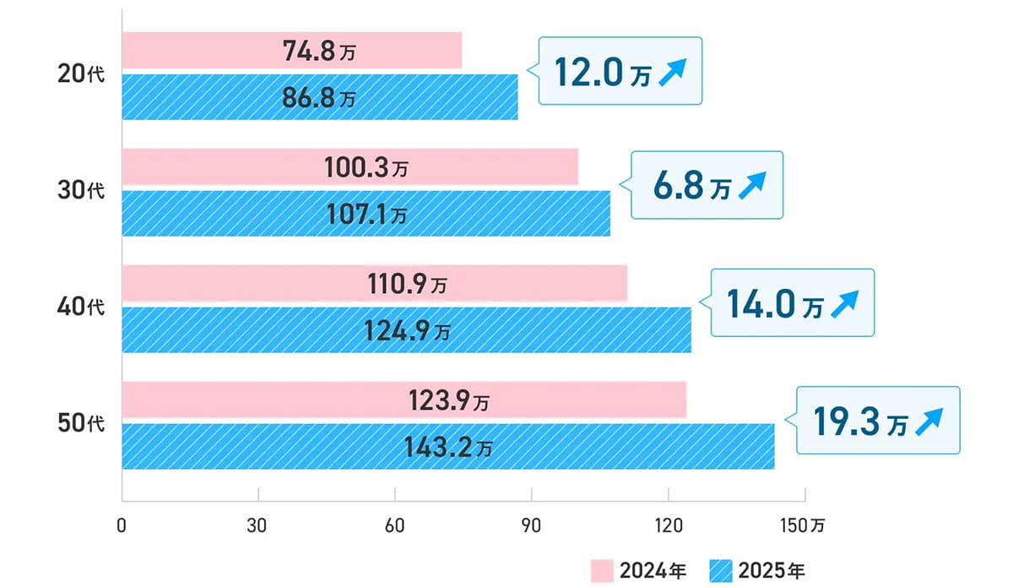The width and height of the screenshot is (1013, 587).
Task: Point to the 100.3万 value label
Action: point(366,168)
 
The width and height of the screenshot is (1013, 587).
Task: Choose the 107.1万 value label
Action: point(366,214)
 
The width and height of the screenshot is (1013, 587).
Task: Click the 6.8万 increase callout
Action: point(707,187)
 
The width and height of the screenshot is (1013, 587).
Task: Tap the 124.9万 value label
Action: point(406,330)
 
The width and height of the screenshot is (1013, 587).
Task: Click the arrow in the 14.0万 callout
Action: point(844,304)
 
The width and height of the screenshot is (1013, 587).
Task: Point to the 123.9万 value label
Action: point(447,400)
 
